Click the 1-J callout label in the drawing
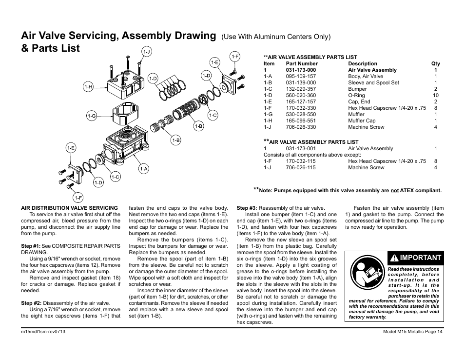(x=146, y=52)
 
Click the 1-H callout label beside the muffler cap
(x=88, y=87)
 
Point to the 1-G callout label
(x=92, y=116)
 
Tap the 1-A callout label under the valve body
(x=143, y=169)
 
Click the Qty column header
(x=435, y=63)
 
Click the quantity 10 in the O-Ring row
(x=435, y=95)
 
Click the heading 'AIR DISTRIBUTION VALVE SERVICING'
(x=69, y=208)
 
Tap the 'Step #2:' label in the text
(x=31, y=303)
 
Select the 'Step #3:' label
(x=247, y=208)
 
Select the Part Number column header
(x=302, y=63)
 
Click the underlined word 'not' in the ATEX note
(x=394, y=191)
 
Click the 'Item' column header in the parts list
(x=269, y=63)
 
